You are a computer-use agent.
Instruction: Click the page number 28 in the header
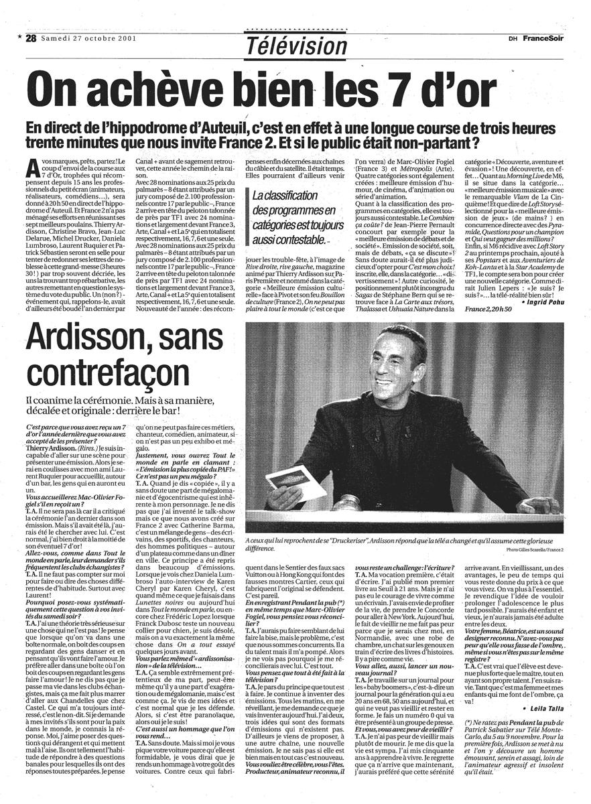click(30, 38)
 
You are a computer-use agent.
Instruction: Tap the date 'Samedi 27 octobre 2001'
click(88, 38)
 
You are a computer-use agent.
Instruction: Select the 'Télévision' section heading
click(296, 46)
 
